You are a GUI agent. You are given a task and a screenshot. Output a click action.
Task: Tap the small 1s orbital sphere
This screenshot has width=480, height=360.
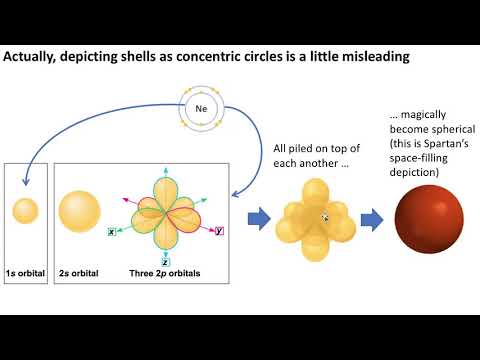click(26, 211)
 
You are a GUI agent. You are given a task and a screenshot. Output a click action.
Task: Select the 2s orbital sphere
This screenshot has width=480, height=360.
click(79, 211)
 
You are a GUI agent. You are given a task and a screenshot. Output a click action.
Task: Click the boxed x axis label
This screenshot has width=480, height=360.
click(112, 232)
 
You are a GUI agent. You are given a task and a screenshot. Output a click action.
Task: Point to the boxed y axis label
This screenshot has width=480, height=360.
click(219, 231)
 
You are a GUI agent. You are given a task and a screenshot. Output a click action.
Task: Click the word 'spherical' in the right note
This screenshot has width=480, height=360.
click(444, 131)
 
